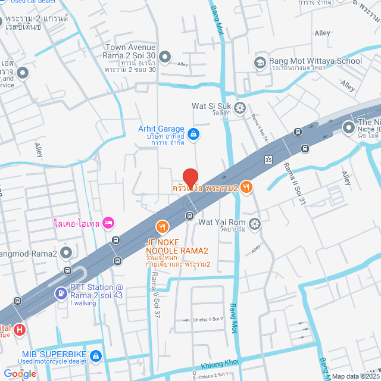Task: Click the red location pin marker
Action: [190, 178]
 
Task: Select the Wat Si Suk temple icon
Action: [240, 107]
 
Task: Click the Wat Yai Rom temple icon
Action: [255, 223]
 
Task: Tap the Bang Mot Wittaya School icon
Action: [260, 61]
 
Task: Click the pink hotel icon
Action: [108, 223]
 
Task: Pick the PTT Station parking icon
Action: [61, 293]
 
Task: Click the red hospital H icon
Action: [20, 329]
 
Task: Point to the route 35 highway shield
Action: [268, 160]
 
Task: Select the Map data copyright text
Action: [354, 376]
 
